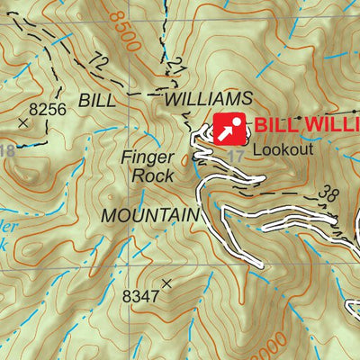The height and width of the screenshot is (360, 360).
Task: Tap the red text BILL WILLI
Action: [306, 126]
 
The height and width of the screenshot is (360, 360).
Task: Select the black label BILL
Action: [98, 99]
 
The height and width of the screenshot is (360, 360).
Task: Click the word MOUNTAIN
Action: [149, 216]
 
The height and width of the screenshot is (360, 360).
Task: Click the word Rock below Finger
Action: [152, 175]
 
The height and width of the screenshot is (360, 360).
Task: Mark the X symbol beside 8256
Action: [22, 120]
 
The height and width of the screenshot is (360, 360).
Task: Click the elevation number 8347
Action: [139, 294]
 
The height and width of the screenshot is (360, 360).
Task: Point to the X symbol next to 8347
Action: [166, 283]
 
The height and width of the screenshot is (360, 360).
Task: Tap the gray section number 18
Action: [7, 150]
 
